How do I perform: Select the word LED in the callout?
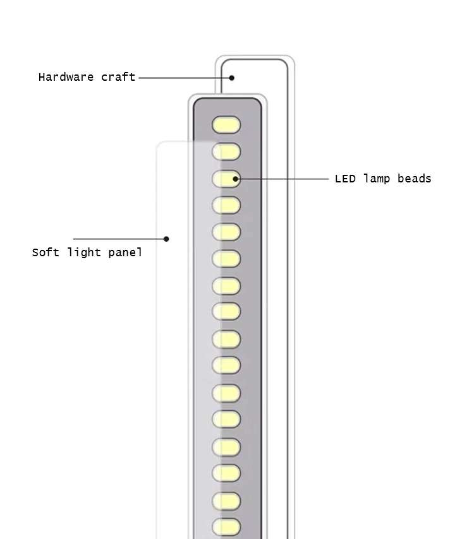[345, 179]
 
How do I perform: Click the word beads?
[414, 179]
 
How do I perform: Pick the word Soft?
[46, 252]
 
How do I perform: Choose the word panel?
[125, 252]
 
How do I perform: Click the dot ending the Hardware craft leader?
[232, 78]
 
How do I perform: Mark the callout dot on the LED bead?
[235, 179]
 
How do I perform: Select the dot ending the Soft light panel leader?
[166, 239]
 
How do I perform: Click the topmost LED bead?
[226, 125]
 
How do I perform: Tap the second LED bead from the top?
[226, 151]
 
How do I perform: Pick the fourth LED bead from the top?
[226, 205]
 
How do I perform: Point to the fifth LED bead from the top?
[226, 232]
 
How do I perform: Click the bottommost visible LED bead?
[226, 526]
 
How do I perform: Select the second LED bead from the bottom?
[226, 500]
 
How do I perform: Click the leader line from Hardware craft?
[183, 78]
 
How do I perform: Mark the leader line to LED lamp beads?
[284, 179]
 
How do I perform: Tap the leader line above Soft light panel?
[120, 239]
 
